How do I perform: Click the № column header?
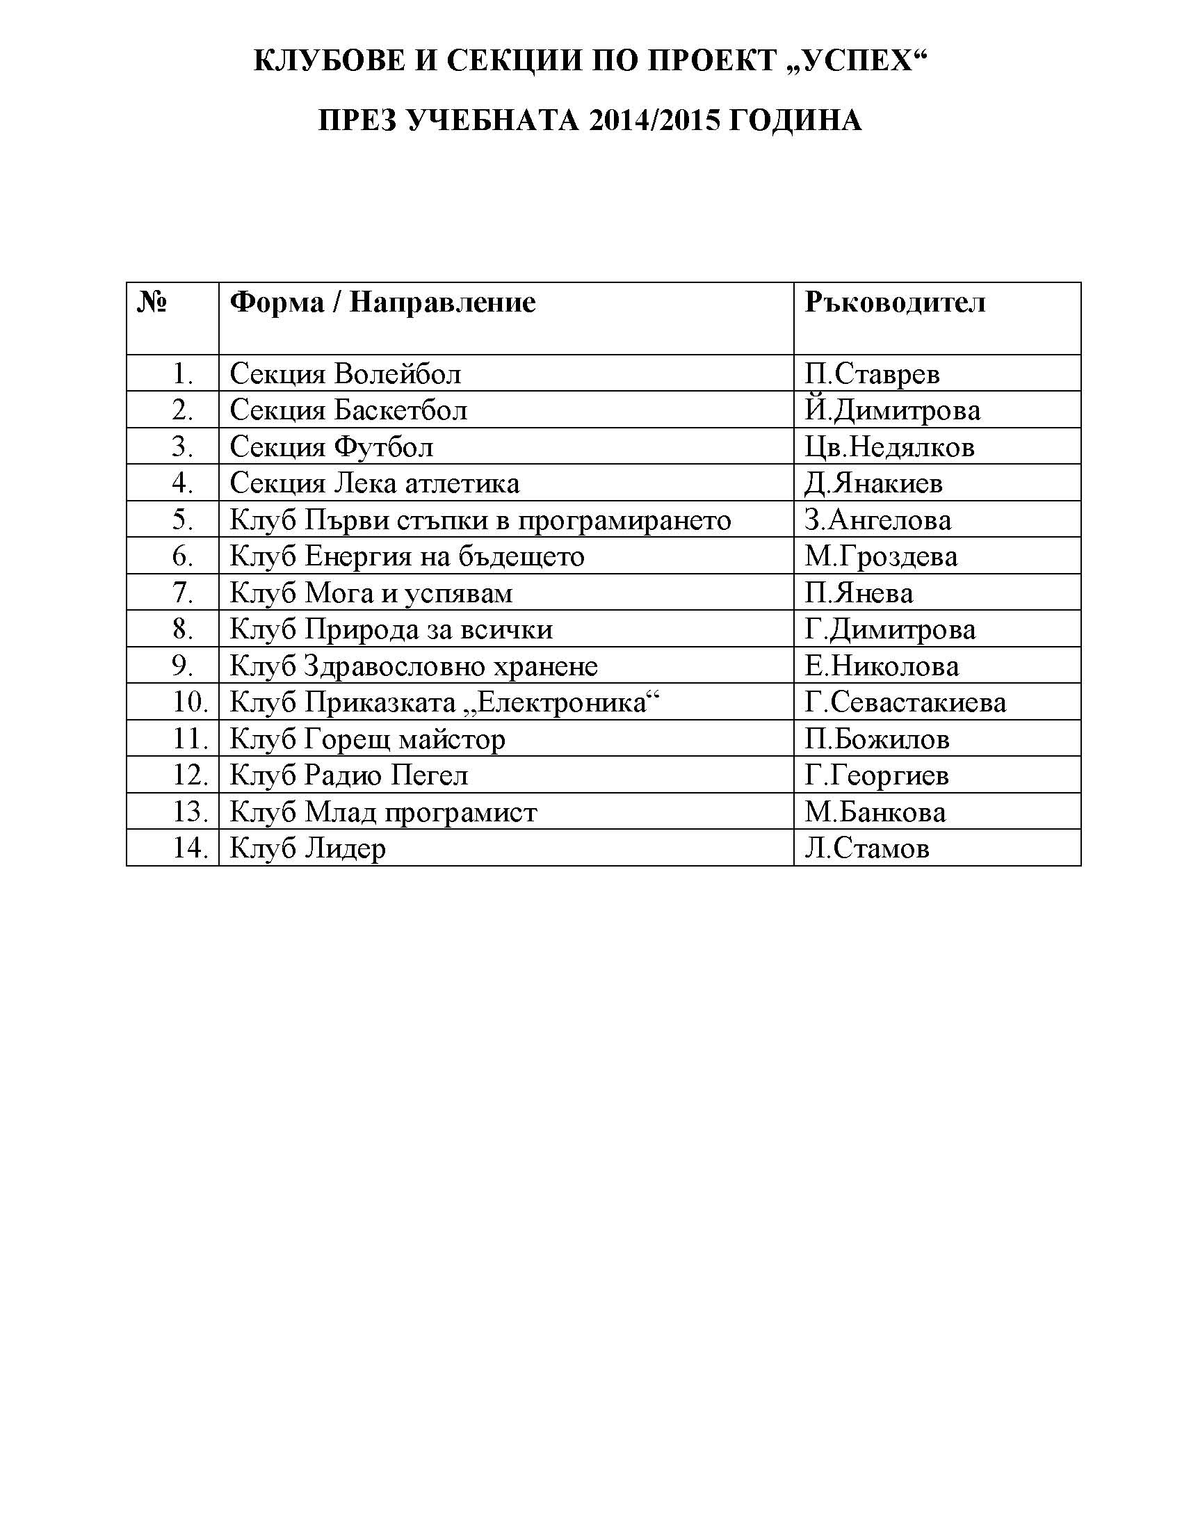(152, 303)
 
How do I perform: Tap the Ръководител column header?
(894, 303)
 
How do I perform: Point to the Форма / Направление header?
(382, 303)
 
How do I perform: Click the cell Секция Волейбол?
(346, 374)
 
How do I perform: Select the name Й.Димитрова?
(892, 410)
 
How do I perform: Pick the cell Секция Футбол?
(331, 447)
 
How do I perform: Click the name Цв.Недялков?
(889, 447)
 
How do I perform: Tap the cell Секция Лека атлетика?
(375, 483)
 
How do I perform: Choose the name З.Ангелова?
(877, 520)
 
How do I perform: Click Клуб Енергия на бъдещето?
(407, 557)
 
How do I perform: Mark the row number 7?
(183, 593)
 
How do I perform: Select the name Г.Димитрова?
(889, 630)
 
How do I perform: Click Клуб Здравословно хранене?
(413, 666)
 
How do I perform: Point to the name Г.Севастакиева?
(905, 702)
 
